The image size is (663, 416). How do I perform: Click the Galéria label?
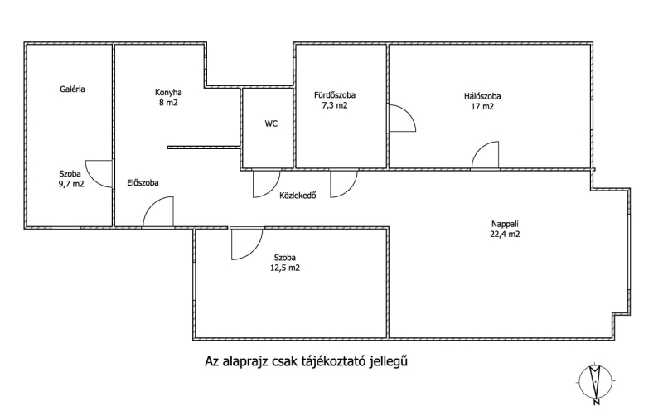coord(72,89)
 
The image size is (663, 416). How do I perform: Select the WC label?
coord(271,123)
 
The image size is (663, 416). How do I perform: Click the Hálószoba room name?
coord(482,95)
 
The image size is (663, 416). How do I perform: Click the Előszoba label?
coord(143,182)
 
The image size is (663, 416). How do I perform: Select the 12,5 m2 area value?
coord(283,268)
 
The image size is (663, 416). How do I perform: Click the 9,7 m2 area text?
coord(70,184)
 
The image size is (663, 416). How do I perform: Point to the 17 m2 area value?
coord(482,106)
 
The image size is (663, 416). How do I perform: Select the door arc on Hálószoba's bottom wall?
coord(485,156)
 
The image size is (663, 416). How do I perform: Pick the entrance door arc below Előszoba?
coord(158,211)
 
